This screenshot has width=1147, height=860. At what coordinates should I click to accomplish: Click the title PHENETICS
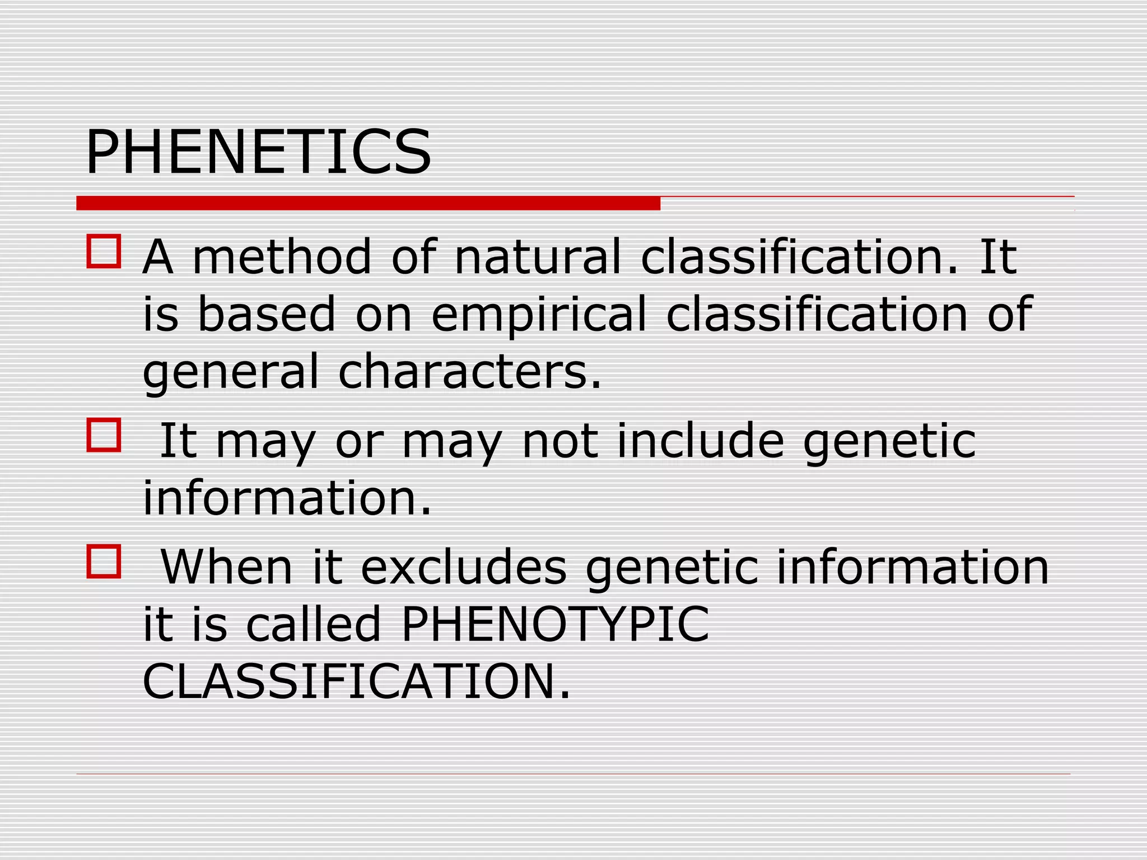258,152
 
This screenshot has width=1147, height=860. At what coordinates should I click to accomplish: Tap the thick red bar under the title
368,203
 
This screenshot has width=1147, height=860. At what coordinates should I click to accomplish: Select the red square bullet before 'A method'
104,251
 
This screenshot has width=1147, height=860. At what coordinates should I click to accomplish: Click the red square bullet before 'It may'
104,435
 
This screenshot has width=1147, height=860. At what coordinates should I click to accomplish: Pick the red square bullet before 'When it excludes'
104,561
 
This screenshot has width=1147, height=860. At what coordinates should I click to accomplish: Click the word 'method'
282,256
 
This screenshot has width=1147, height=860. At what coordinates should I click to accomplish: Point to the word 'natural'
538,256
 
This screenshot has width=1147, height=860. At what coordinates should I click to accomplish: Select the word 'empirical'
538,315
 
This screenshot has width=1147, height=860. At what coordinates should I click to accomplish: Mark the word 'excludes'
464,567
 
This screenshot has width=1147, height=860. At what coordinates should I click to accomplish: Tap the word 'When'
227,567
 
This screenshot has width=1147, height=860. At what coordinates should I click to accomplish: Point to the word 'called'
314,624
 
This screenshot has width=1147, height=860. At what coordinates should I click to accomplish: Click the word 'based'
267,314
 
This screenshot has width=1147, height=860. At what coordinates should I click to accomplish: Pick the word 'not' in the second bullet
559,441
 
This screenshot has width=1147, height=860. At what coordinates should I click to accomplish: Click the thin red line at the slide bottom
573,774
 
